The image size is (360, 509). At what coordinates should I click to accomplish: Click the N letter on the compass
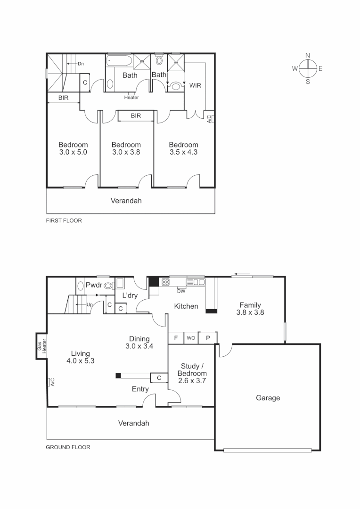(308, 56)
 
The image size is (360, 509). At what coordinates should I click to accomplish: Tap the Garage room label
(268, 398)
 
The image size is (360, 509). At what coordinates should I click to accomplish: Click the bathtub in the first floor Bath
(119, 60)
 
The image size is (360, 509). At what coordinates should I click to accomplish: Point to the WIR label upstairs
(196, 86)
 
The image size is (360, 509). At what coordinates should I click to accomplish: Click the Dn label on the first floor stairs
(81, 64)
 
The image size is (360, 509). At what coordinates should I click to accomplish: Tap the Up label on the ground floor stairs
(90, 305)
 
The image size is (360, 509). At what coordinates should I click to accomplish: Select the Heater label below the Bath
(131, 98)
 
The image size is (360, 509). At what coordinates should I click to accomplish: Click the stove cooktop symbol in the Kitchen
(166, 282)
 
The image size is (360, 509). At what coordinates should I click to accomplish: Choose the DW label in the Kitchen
(181, 291)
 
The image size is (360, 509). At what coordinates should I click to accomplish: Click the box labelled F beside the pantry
(176, 338)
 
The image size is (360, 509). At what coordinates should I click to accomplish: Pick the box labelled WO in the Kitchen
(191, 338)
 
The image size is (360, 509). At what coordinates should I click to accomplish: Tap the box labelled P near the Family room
(207, 338)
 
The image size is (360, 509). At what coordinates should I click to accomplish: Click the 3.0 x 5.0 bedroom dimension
(73, 152)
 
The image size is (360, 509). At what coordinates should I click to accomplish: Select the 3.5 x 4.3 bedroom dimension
(183, 152)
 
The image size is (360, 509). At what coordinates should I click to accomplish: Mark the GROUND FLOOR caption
(68, 447)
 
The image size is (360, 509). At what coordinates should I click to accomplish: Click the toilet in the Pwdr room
(108, 285)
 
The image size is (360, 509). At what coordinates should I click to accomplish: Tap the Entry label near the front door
(140, 389)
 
